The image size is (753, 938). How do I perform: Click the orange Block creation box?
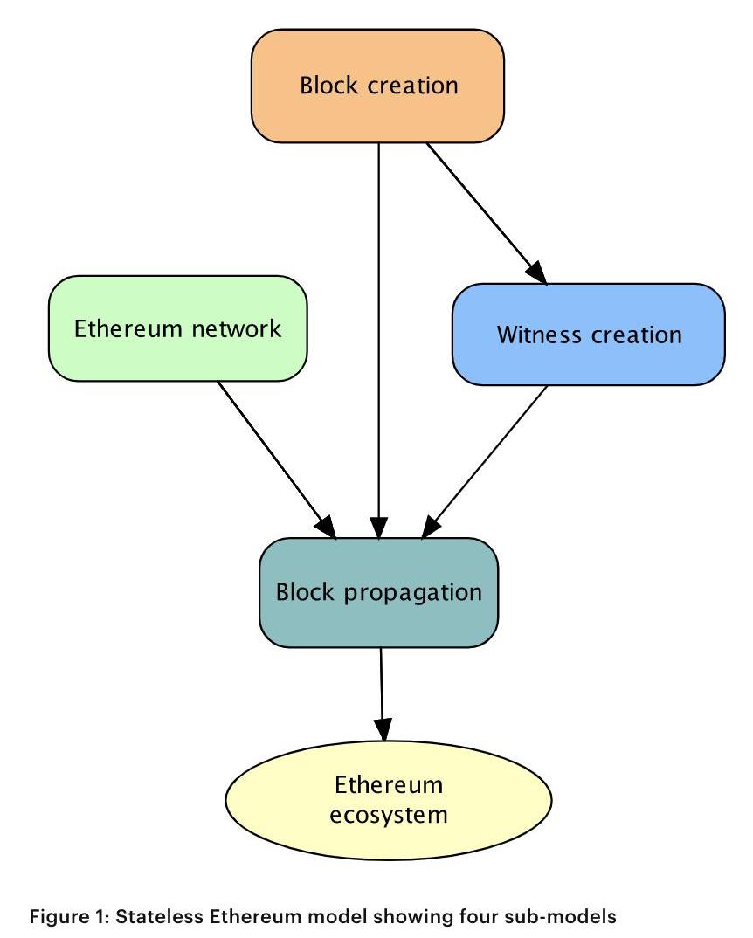pyautogui.click(x=378, y=86)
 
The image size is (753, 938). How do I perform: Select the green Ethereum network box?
pyautogui.click(x=177, y=328)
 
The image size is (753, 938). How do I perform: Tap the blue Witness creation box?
pyautogui.click(x=589, y=335)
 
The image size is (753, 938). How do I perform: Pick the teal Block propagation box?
pyautogui.click(x=378, y=592)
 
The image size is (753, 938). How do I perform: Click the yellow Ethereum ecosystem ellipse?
pyautogui.click(x=389, y=799)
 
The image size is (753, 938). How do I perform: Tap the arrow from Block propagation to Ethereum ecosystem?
pyautogui.click(x=382, y=690)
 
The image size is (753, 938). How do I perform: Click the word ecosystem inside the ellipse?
pyautogui.click(x=390, y=815)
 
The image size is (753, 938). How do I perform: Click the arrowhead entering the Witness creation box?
pyautogui.click(x=538, y=273)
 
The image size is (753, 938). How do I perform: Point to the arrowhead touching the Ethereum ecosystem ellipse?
pyautogui.click(x=383, y=730)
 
